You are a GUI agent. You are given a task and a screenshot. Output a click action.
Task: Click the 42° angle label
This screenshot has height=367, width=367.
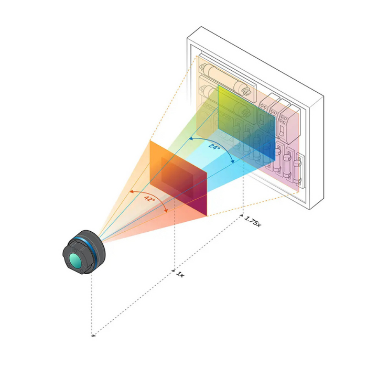pyautogui.click(x=150, y=200)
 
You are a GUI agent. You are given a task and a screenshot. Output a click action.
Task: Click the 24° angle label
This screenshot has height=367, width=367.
pyautogui.click(x=213, y=147)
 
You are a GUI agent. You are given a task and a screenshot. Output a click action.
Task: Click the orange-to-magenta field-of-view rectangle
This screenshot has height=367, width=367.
pyautogui.click(x=178, y=178)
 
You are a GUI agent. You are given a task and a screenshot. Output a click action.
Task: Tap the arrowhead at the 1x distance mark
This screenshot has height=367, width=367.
pyautogui.click(x=174, y=271)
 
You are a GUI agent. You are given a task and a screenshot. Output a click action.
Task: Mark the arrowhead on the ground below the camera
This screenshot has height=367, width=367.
pyautogui.click(x=93, y=333)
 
